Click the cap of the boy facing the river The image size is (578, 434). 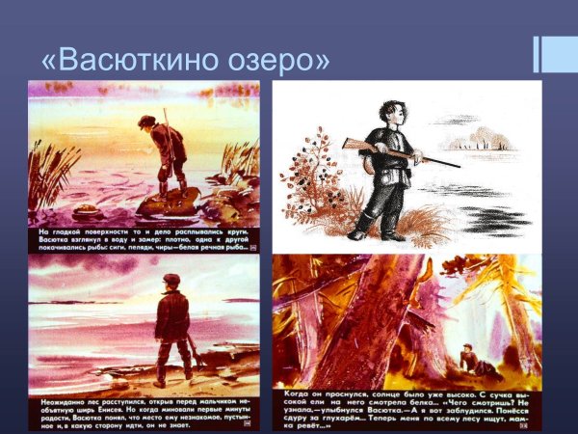171,280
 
